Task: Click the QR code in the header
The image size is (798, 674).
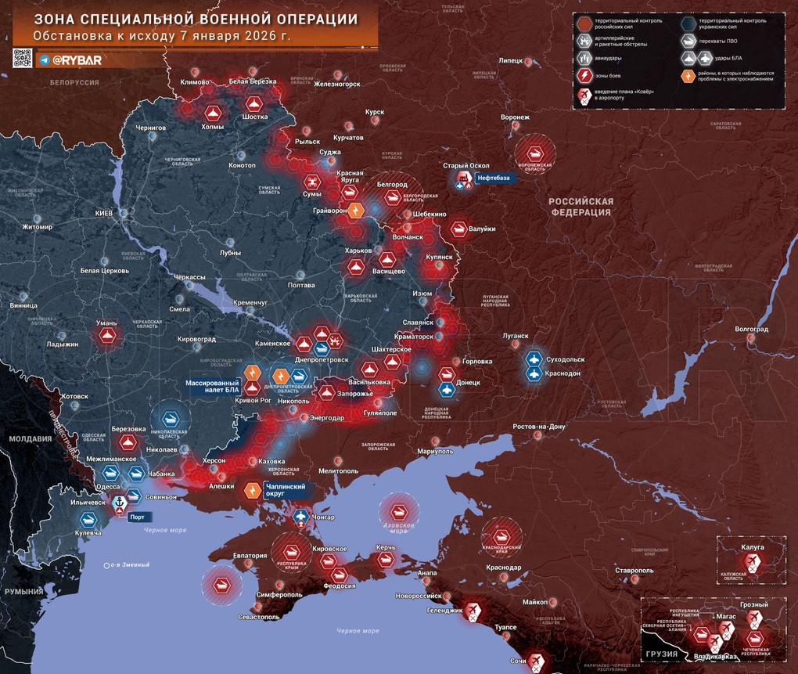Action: pyautogui.click(x=23, y=58)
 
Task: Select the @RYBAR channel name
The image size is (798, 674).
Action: pyautogui.click(x=77, y=59)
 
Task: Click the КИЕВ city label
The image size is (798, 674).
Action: pyautogui.click(x=103, y=213)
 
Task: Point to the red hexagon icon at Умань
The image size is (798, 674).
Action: pyautogui.click(x=107, y=337)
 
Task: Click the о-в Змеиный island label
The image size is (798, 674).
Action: pyautogui.click(x=129, y=564)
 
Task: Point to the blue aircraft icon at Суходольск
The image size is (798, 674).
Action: pyautogui.click(x=534, y=359)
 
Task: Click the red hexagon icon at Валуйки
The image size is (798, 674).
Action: pyautogui.click(x=458, y=229)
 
